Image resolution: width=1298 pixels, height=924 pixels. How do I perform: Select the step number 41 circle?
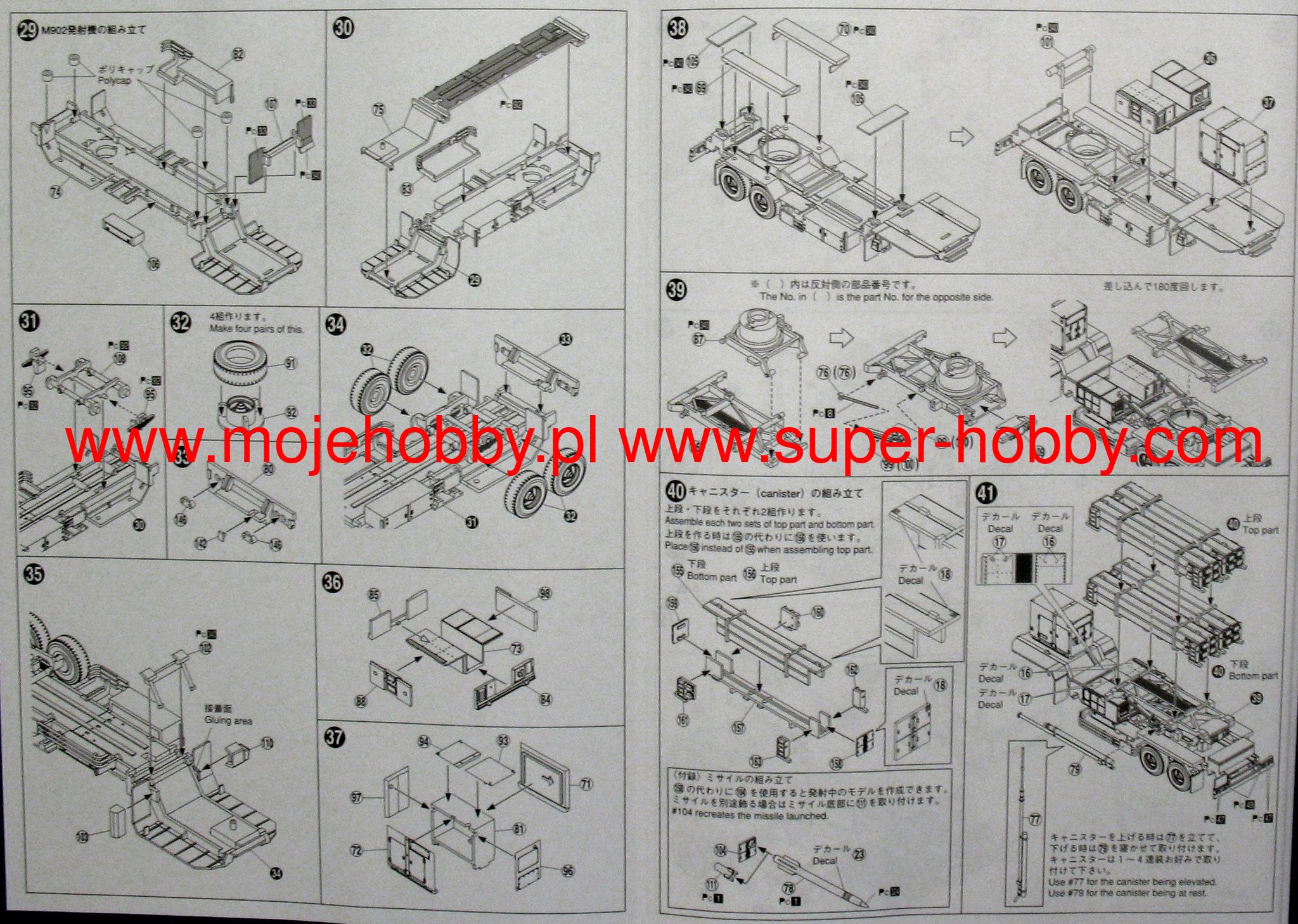987,493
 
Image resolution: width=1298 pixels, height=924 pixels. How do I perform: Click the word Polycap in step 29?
115,82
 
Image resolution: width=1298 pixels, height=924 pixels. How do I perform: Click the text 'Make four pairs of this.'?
257,329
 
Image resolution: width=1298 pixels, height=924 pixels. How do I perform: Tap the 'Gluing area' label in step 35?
228,721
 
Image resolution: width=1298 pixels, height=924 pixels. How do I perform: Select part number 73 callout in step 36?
517,649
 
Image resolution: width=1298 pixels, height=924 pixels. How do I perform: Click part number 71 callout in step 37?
586,784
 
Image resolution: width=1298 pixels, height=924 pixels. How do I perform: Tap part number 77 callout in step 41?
1035,819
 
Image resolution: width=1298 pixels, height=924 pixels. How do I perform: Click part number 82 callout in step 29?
238,55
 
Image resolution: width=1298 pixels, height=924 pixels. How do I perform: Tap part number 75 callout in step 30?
378,110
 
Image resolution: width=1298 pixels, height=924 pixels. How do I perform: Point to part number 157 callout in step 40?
738,728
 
